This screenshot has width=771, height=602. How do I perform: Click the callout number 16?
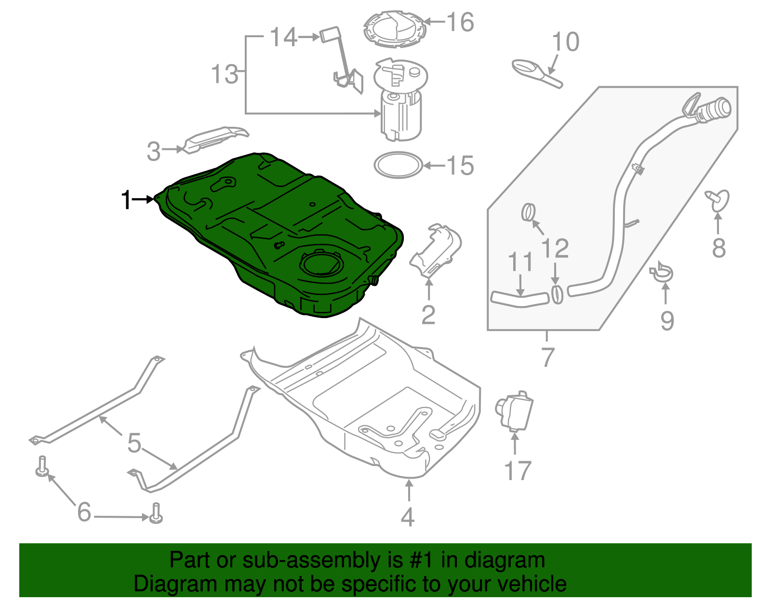(x=460, y=22)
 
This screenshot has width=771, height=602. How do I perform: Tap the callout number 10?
(x=565, y=42)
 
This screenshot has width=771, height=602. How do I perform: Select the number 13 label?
(x=225, y=75)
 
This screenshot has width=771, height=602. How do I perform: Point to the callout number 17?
(x=517, y=471)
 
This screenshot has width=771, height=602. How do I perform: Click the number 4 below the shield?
(x=408, y=517)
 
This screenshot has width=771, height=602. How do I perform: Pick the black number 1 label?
(x=126, y=200)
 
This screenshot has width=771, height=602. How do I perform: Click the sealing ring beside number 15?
(x=399, y=165)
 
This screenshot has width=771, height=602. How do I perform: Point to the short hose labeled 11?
(x=519, y=298)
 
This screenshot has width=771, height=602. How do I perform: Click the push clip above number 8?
(x=718, y=201)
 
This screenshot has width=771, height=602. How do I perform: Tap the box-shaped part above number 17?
(x=515, y=410)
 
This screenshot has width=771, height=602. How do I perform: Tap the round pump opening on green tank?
(x=322, y=263)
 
